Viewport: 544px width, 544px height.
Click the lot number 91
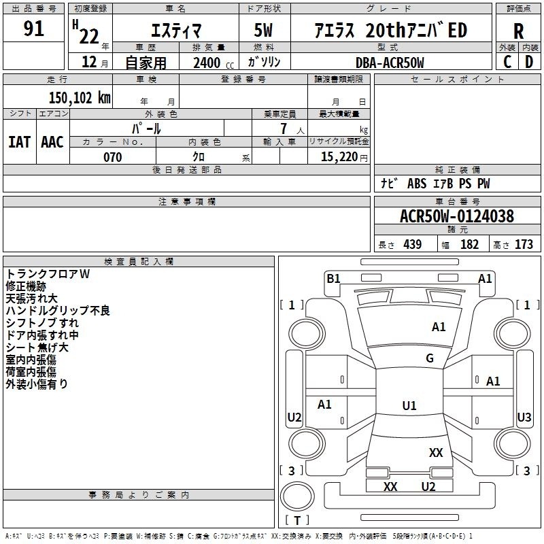point(33,29)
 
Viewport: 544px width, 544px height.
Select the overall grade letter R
point(518,31)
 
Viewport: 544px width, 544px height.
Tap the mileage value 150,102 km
point(80,97)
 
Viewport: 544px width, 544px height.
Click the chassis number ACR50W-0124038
point(456,216)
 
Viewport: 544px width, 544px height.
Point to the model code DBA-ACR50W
point(390,63)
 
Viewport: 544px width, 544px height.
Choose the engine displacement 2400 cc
point(214,63)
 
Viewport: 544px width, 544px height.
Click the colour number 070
point(112,157)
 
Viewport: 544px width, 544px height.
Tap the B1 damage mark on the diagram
point(333,278)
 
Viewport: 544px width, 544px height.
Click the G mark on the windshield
point(430,358)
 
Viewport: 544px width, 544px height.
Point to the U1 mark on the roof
point(409,405)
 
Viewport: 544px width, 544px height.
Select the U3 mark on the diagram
point(524,417)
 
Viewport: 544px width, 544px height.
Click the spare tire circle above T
point(297,496)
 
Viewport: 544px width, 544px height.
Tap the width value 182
point(469,244)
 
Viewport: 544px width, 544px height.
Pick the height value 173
point(524,244)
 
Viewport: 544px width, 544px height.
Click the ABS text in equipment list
point(417,184)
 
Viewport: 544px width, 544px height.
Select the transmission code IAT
point(19,142)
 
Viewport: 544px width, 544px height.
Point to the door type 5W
point(263,30)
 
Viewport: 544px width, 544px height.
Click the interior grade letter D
point(529,62)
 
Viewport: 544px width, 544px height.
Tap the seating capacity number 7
point(284,129)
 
